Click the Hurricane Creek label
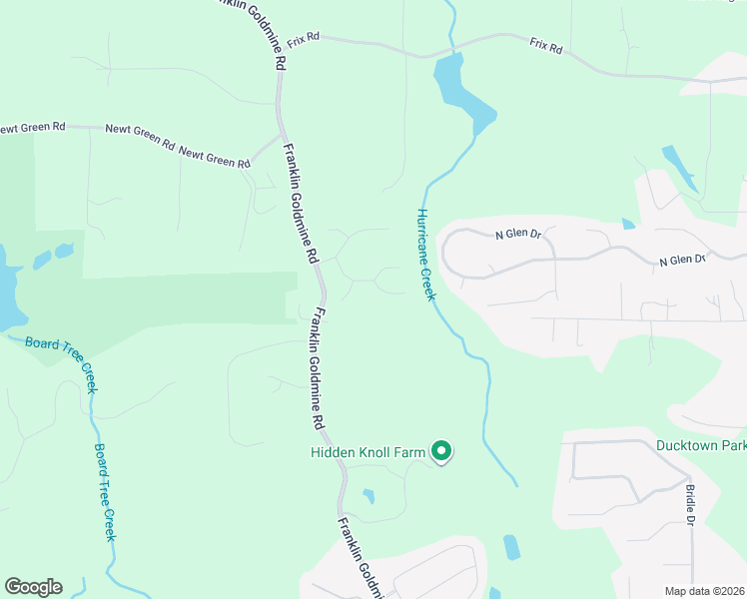pos(426,254)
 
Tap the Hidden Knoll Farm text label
pos(367,452)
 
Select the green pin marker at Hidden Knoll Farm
pos(441,452)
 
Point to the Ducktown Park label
pos(701,445)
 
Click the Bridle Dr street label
pos(690,504)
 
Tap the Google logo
pos(33,587)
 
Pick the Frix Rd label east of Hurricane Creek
pos(546,46)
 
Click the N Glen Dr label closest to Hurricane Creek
pos(518,236)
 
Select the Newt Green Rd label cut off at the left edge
pos(32,128)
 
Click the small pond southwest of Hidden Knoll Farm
pos(369,495)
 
